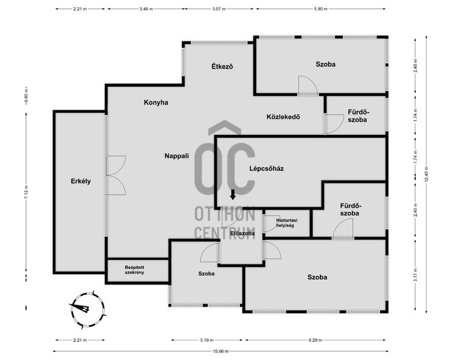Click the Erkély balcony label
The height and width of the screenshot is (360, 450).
pos(80,181)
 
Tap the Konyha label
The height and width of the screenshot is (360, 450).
pos(156,102)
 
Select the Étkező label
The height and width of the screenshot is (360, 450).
pos(222,67)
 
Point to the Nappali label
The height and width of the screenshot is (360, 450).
pos(176,156)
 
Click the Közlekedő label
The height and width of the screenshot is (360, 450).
pos(283,117)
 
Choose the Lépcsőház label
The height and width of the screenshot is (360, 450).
pos(266,168)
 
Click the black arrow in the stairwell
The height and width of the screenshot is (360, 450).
pos(233,194)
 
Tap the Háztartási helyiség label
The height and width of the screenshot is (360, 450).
pos(287,223)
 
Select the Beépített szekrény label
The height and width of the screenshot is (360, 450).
pos(134,270)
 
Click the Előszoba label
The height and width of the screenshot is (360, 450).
pos(242,233)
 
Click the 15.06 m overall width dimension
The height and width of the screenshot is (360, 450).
pos(221,351)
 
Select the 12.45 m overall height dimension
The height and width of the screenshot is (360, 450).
pos(426,174)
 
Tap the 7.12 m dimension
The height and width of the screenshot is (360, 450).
pos(26,192)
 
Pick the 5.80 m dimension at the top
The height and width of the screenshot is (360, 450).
pos(320,9)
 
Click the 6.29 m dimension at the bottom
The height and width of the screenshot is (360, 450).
pos(315,340)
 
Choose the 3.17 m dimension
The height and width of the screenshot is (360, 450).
pos(415,275)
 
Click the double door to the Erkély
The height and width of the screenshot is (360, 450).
pos(116,175)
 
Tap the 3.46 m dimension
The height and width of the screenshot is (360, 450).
pos(146,9)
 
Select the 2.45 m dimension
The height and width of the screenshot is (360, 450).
pos(415,66)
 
